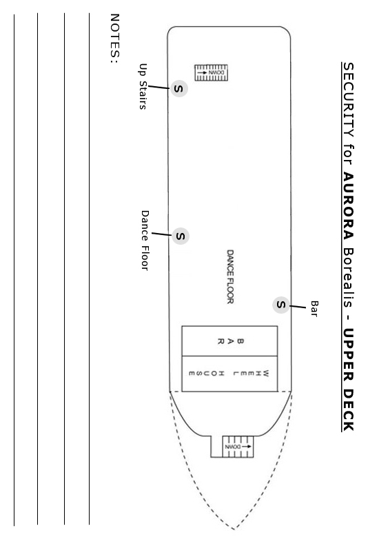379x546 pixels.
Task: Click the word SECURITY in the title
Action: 349,100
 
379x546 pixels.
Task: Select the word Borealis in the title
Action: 349,278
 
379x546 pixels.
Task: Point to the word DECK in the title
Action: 349,410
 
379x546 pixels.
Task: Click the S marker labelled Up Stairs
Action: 179,88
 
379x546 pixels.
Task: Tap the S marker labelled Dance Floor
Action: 181,236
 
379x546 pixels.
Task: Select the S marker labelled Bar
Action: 281,305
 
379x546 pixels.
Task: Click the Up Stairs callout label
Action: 143,86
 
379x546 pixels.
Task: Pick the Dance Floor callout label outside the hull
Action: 145,241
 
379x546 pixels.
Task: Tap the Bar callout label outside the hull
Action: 314,309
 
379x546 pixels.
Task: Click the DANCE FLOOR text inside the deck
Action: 230,276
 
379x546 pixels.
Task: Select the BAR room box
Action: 229,341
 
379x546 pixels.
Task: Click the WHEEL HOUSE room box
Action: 229,374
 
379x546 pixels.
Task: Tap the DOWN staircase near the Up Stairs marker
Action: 211,72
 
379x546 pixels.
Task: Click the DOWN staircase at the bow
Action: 238,447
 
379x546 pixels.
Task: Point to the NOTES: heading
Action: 115,39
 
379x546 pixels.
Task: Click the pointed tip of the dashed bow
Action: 234,529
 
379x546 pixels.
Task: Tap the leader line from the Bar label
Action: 298,307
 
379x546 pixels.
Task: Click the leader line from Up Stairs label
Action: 158,87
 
